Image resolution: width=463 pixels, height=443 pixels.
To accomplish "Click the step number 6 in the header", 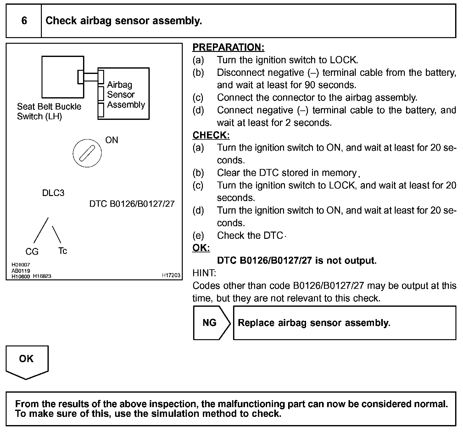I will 24,21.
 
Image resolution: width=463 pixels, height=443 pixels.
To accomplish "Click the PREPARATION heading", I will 228,47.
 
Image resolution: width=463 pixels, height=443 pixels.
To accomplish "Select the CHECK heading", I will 211,135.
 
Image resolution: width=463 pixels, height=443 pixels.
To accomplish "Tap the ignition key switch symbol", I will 87,154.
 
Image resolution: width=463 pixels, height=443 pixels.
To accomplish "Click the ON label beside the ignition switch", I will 112,140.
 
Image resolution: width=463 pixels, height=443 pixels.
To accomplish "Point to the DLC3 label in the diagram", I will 53,193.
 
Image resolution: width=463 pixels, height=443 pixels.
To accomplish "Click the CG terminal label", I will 32,251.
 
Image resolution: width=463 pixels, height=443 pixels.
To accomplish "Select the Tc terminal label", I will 63,251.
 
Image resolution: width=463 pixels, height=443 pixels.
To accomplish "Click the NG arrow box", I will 211,323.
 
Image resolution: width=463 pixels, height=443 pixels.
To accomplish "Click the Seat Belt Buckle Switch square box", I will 63,77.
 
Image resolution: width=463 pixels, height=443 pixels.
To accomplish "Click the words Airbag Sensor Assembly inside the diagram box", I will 126,95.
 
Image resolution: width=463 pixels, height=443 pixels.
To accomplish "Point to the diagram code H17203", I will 171,275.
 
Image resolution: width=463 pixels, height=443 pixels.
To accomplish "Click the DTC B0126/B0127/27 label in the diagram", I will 132,204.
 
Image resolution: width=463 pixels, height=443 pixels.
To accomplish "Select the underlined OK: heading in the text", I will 201,248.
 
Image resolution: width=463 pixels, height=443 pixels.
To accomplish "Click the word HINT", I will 204,273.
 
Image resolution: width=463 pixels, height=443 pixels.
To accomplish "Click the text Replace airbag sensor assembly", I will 314,323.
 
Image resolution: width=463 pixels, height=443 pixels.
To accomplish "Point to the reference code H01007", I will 20,265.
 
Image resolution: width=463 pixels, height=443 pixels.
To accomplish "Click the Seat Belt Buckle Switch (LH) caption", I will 49,111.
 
